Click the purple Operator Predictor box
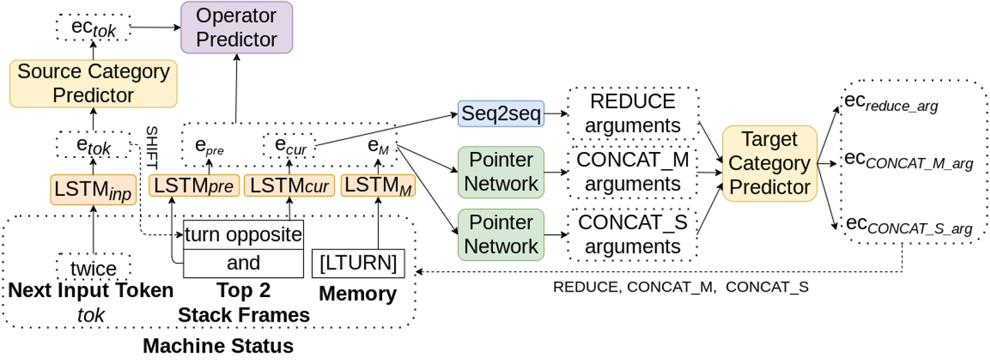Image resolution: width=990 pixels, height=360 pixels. [x=236, y=27]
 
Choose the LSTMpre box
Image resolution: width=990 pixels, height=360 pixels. [x=192, y=186]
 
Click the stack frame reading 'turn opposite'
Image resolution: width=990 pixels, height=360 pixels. [x=243, y=235]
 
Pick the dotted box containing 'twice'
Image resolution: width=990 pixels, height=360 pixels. [x=92, y=267]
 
